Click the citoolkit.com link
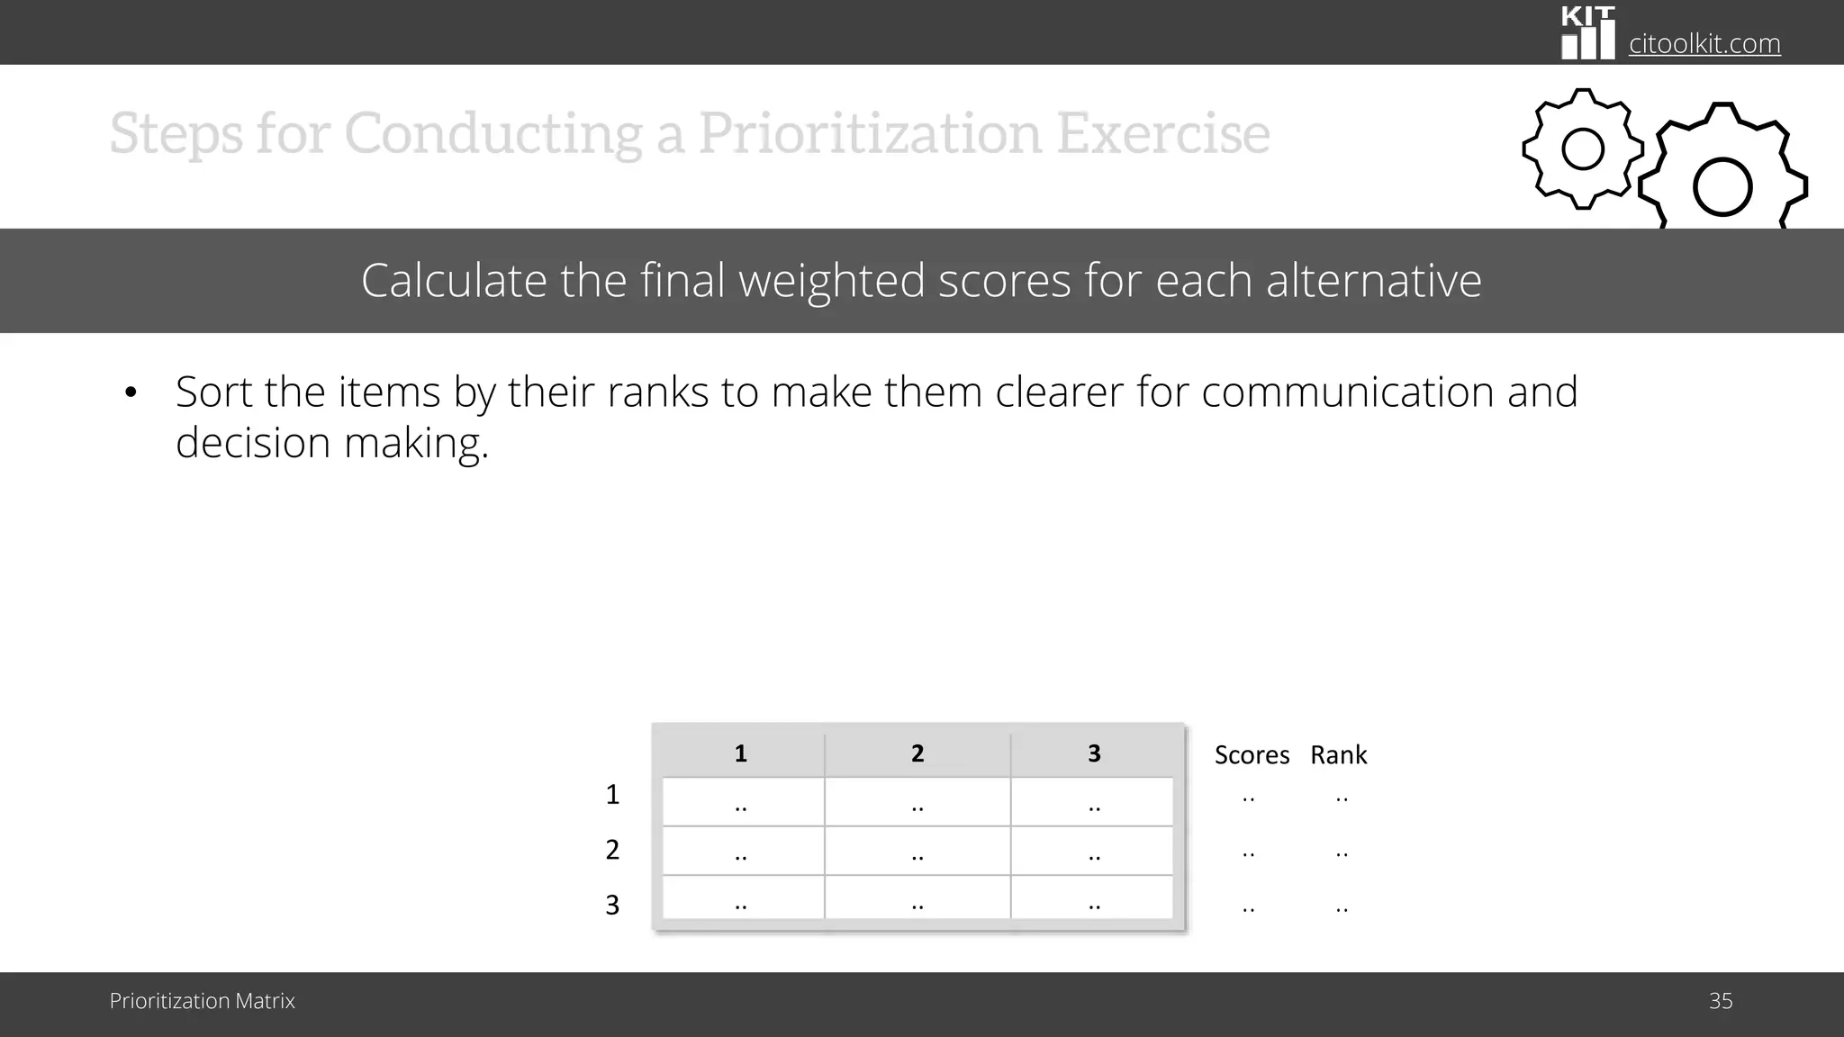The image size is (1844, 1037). pyautogui.click(x=1704, y=43)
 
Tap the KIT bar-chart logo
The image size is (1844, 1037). pyautogui.click(x=1588, y=33)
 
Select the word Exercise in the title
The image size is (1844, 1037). pyautogui.click(x=1162, y=133)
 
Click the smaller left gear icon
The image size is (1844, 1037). pyautogui.click(x=1582, y=149)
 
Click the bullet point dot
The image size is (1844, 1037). pyautogui.click(x=131, y=392)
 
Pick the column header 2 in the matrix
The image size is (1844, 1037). pyautogui.click(x=917, y=753)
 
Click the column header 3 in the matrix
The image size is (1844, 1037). pyautogui.click(x=1093, y=753)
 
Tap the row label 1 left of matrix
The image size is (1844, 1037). pyautogui.click(x=612, y=795)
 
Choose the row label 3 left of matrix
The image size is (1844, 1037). pyautogui.click(x=612, y=905)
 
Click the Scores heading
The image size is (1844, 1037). pyautogui.click(x=1252, y=755)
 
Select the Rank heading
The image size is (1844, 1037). pyautogui.click(x=1338, y=755)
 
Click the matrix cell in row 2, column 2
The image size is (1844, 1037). pyautogui.click(x=917, y=852)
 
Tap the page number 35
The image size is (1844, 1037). pyautogui.click(x=1720, y=1001)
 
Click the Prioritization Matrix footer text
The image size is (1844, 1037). pyautogui.click(x=202, y=1001)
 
